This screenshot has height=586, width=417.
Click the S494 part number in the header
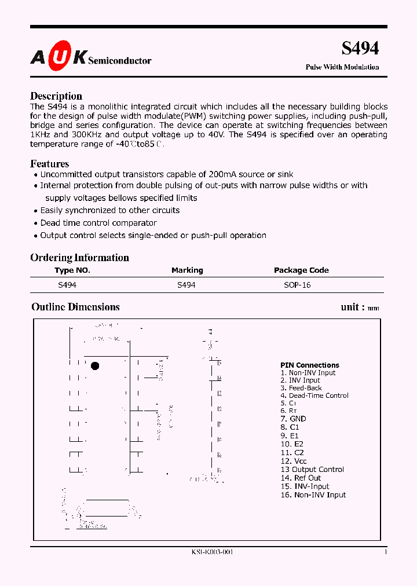[360, 49]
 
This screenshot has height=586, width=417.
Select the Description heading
[56, 96]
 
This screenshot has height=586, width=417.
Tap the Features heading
[49, 164]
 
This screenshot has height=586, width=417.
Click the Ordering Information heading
[79, 258]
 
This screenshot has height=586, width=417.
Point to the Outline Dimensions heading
[75, 307]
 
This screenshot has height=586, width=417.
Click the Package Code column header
[301, 270]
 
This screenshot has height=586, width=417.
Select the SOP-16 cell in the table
[297, 285]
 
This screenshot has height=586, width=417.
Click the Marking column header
[187, 270]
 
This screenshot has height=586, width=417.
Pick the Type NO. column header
[72, 270]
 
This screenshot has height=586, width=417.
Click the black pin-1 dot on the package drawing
[95, 366]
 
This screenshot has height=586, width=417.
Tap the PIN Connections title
[309, 365]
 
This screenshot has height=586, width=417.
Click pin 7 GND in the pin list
[294, 419]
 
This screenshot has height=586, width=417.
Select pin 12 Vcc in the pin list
[294, 461]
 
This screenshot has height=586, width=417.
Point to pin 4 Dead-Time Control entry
[314, 395]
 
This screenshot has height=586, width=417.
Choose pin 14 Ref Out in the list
[300, 478]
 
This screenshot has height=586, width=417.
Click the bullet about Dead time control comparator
[98, 223]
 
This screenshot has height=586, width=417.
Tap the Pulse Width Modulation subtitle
[342, 67]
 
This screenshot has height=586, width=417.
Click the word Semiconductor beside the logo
[120, 61]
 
